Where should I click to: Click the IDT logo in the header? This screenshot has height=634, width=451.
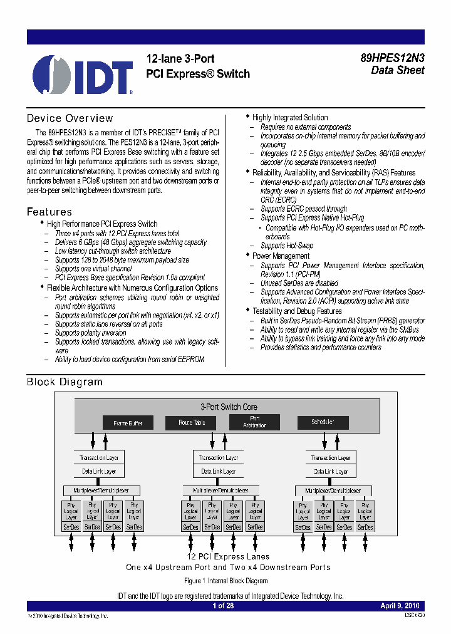(83, 75)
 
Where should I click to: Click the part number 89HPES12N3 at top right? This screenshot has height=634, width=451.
(392, 57)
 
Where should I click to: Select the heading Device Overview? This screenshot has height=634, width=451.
(70, 118)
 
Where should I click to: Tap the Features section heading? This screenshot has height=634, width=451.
(49, 212)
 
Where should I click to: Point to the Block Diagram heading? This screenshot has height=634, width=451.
(65, 382)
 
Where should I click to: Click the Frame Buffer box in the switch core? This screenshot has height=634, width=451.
(128, 424)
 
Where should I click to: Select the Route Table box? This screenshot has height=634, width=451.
(191, 423)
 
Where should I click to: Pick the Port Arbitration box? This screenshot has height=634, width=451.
(254, 422)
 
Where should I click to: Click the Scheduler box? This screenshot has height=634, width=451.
(323, 422)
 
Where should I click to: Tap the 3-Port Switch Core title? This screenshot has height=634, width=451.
(228, 407)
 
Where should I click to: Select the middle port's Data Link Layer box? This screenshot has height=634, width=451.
(218, 471)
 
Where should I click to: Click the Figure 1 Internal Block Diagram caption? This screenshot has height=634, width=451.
(225, 581)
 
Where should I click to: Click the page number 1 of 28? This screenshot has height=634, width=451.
(222, 606)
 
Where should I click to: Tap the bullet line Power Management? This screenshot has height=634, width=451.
(281, 256)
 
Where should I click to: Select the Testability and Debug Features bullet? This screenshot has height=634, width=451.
(297, 311)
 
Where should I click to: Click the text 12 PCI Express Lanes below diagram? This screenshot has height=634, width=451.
(228, 556)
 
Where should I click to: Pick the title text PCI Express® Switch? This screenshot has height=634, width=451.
(197, 74)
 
